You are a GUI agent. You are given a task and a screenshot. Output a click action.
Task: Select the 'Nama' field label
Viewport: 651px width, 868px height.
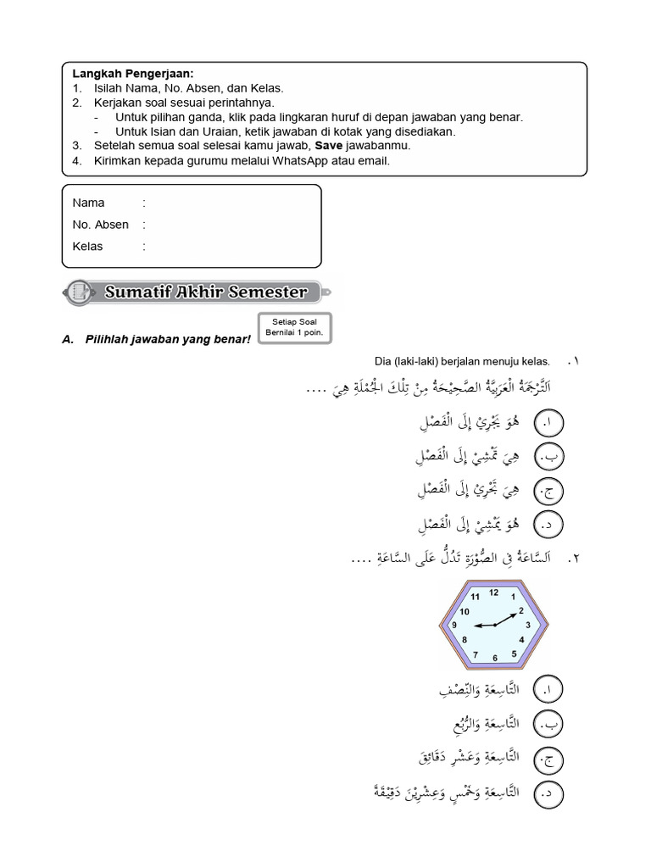(89, 203)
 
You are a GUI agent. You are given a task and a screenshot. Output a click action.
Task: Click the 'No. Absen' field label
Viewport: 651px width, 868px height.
(101, 225)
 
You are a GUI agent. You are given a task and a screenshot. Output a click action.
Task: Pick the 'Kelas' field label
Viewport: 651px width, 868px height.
(88, 247)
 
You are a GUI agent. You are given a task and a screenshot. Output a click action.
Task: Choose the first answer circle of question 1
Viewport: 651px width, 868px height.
(549, 421)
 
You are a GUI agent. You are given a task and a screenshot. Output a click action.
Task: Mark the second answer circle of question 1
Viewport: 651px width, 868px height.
(549, 458)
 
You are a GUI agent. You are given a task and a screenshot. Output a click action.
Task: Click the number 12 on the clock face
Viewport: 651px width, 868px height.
(493, 593)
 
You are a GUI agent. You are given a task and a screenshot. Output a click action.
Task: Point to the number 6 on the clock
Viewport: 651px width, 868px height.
(494, 658)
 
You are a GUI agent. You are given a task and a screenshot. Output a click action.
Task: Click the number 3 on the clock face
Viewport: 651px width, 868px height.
(528, 626)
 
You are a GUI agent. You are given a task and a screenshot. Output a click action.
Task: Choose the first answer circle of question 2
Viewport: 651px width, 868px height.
(549, 690)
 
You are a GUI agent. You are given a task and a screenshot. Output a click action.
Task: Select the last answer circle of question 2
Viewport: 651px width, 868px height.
(549, 794)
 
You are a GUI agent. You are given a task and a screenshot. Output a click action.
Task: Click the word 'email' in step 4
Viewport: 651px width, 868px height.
(376, 160)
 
